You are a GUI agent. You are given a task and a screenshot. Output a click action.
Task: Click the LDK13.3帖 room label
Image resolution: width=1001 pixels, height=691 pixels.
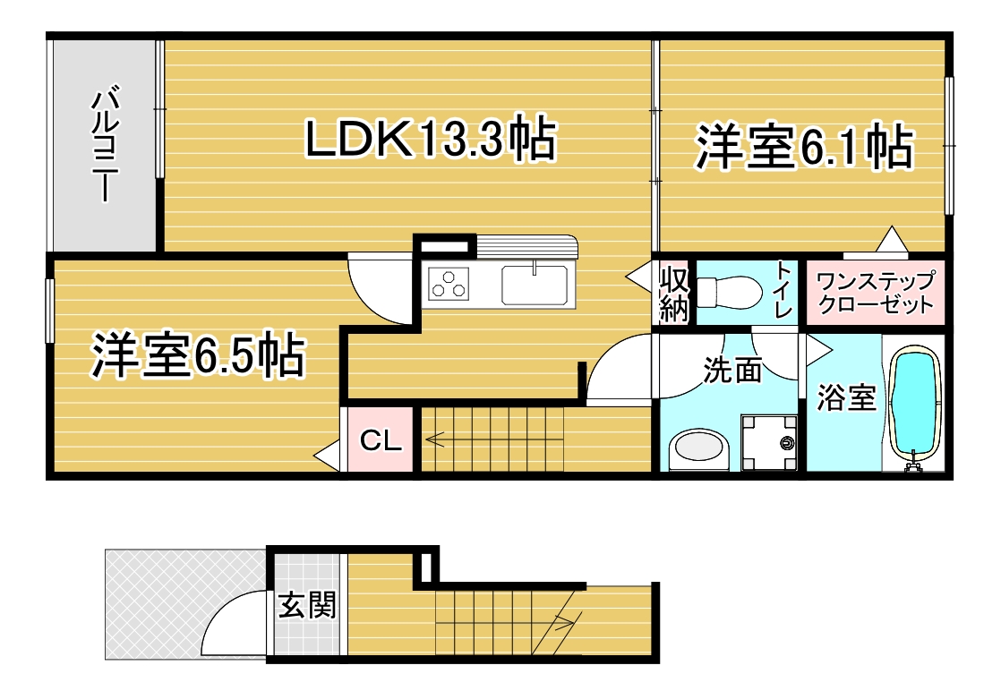tap(432, 138)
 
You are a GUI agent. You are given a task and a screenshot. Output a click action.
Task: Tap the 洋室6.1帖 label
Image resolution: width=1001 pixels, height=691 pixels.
tap(804, 147)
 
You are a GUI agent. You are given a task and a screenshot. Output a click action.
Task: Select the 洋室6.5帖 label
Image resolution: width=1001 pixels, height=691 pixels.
tap(198, 354)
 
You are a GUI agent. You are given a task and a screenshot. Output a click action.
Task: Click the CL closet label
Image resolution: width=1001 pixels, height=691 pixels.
tap(381, 439)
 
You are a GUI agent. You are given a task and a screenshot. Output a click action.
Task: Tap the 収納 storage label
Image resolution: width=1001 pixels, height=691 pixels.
tap(674, 294)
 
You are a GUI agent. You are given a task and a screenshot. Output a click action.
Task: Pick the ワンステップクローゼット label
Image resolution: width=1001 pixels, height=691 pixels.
tap(876, 292)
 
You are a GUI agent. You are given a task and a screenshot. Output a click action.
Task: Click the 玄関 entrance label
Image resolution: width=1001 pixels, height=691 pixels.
tap(307, 605)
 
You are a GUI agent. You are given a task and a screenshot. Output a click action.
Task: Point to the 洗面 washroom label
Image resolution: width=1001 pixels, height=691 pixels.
tap(733, 369)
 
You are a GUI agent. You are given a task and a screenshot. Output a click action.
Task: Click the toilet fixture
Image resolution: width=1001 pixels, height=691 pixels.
tap(729, 292)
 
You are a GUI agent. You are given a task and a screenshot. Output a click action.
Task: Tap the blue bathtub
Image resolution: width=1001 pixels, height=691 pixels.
tap(915, 405)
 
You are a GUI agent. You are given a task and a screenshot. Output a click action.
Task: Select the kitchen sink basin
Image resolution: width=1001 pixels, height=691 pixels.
tap(535, 285)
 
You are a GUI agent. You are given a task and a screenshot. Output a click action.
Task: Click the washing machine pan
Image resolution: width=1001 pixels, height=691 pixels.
tap(769, 443)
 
